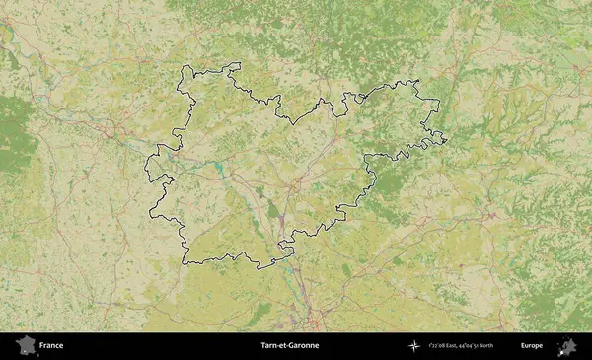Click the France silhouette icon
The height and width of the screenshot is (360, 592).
[24, 346]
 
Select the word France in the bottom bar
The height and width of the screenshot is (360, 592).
[51, 346]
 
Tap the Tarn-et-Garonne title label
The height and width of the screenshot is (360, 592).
[289, 346]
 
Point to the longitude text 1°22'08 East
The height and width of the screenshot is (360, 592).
[449, 346]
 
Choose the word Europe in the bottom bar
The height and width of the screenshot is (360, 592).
[532, 346]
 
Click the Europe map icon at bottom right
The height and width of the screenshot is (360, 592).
[567, 346]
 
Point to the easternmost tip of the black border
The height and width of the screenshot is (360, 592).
[447, 140]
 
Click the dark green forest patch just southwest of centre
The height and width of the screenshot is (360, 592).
[272, 209]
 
